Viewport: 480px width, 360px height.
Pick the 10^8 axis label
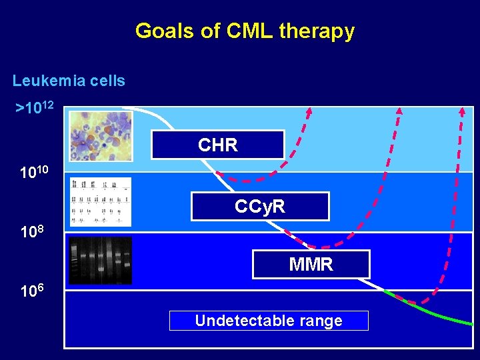click(31, 233)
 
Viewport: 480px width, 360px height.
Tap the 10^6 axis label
click(31, 291)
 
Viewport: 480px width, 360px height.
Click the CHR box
click(217, 145)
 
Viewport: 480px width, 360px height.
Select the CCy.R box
click(260, 207)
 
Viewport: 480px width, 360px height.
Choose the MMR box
click(311, 265)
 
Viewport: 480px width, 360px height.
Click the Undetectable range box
click(269, 321)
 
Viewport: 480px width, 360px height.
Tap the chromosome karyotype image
click(101, 201)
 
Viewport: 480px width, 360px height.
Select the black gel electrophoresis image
click(101, 260)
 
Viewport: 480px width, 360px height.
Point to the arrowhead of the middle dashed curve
click(399, 111)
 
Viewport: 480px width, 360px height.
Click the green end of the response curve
click(460, 321)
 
